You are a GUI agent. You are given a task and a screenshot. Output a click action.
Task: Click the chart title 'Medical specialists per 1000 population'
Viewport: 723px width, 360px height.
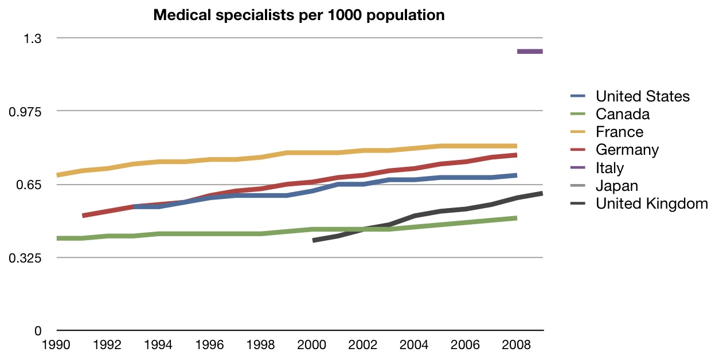299,15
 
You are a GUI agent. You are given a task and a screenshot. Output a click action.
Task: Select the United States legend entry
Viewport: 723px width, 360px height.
642,96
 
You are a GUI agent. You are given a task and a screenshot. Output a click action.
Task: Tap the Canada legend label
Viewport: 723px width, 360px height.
622,114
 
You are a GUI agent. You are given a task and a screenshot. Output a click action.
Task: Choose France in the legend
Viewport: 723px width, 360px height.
619,132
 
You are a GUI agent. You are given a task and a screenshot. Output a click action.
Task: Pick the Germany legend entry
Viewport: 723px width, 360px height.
627,150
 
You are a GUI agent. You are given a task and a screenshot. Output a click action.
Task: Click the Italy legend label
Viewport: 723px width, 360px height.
609,168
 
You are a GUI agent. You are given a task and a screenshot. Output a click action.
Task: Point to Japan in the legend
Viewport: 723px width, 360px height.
616,186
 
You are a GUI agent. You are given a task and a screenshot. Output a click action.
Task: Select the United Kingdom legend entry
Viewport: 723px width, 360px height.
651,204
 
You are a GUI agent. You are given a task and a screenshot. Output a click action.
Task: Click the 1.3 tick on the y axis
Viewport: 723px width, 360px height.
33,38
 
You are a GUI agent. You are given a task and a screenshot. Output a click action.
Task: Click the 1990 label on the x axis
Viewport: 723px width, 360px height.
57,345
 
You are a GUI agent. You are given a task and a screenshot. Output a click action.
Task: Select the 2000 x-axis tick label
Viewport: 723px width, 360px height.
312,345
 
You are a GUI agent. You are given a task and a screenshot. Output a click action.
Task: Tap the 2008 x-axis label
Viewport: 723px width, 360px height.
517,345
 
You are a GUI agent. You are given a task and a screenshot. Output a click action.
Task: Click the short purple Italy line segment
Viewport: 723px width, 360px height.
530,52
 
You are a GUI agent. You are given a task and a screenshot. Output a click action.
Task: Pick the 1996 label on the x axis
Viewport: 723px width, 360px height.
210,345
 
